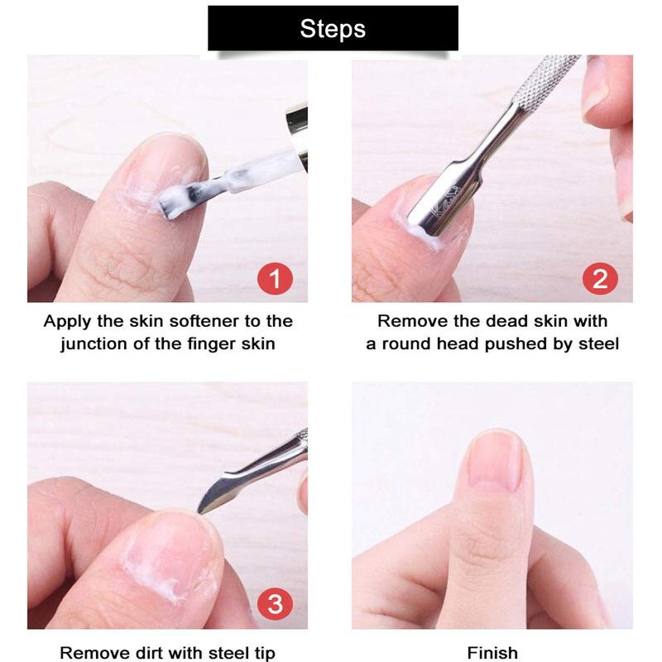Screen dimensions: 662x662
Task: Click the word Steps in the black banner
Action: pos(333,29)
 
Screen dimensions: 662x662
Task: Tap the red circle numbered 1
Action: pos(276,279)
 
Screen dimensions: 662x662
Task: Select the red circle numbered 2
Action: pos(600,279)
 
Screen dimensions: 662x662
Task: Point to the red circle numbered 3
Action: pos(276,604)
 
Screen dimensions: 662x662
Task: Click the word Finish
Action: pos(492,653)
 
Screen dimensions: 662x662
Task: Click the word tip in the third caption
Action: pos(264,653)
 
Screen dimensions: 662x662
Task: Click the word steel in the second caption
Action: pos(598,344)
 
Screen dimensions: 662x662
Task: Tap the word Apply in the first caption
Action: pos(68,322)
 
